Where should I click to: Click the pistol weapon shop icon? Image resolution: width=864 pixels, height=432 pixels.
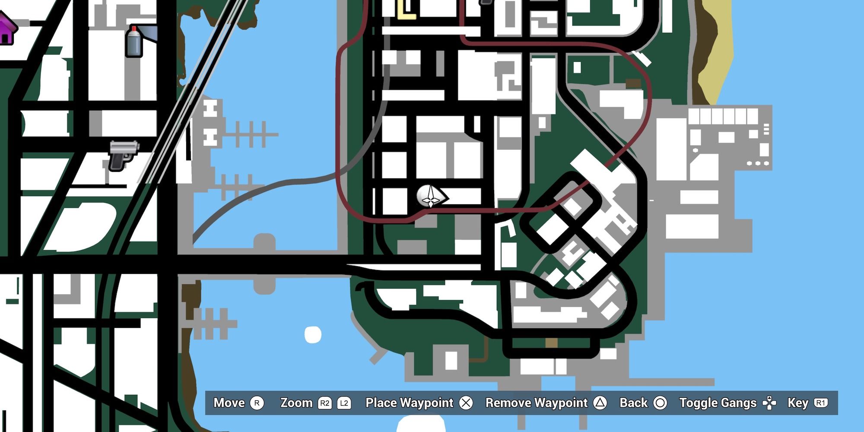[123, 156]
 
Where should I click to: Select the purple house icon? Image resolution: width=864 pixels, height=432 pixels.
[6, 29]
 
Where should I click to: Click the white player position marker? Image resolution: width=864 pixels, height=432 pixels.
[430, 197]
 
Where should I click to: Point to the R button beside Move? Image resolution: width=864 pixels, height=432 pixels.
[257, 403]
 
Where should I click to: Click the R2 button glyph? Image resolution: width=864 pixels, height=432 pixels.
[324, 403]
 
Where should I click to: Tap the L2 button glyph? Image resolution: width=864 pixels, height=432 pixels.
[344, 403]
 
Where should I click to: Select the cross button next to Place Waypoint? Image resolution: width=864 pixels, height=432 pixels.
[466, 403]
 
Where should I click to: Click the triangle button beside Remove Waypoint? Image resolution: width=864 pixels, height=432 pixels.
[600, 403]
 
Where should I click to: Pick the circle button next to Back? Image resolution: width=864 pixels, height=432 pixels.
[660, 403]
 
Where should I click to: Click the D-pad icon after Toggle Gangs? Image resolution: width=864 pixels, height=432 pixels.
[769, 403]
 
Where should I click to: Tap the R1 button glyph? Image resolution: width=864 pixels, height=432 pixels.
[820, 403]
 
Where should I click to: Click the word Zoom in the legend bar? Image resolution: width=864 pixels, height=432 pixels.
[296, 403]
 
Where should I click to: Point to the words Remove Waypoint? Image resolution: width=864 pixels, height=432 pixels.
[536, 403]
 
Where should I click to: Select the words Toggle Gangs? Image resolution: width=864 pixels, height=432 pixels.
[718, 403]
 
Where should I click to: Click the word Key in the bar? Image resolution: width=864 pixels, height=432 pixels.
[797, 403]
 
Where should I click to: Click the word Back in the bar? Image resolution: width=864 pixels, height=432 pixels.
[633, 403]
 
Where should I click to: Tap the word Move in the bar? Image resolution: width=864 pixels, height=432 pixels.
[229, 403]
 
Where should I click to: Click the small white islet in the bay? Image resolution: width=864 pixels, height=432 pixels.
[313, 335]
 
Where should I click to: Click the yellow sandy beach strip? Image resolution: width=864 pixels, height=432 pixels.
[717, 56]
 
